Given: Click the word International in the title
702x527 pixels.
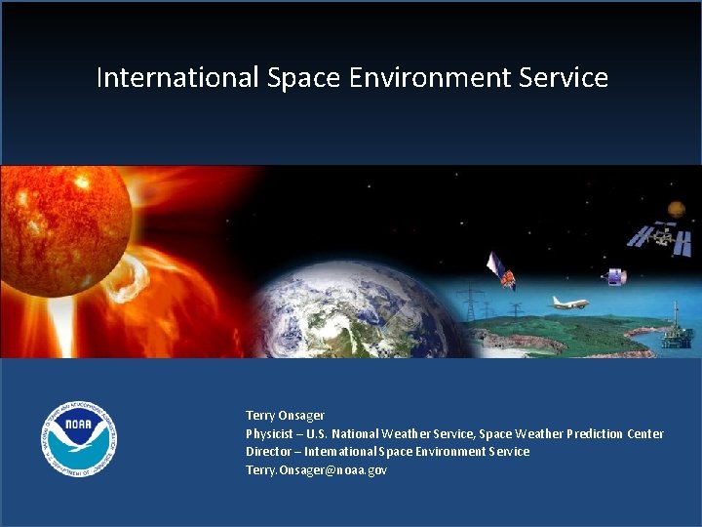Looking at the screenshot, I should tap(177, 78).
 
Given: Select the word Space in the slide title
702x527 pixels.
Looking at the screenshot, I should tap(299, 78).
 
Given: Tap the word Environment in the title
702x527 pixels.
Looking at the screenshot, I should tap(425, 78).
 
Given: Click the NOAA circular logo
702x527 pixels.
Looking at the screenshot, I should tap(79, 439).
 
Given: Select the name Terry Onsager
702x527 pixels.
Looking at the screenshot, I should tap(285, 416).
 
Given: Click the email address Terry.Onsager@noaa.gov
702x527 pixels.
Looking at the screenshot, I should tap(316, 469).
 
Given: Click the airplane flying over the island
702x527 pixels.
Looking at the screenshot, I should tap(569, 303).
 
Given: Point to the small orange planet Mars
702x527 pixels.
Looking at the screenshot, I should tap(676, 208).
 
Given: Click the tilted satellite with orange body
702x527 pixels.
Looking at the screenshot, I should tap(501, 271).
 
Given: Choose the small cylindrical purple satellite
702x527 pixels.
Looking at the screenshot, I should tap(616, 277).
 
